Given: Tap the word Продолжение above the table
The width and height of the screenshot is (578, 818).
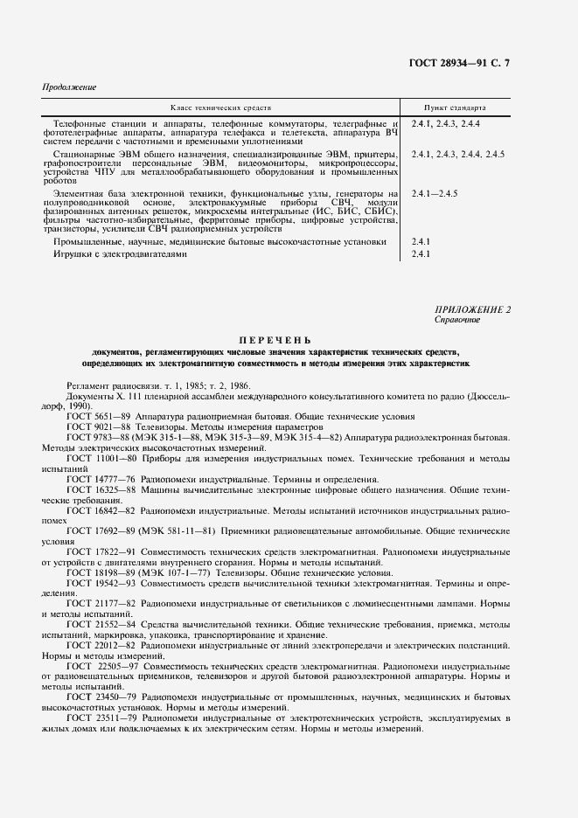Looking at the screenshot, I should (x=69, y=88).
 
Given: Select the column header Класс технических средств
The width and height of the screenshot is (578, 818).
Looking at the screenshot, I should (x=219, y=107).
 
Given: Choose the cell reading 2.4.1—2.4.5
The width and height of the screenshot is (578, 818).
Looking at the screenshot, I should (x=435, y=191).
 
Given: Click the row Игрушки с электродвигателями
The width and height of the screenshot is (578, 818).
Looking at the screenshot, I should (x=120, y=254).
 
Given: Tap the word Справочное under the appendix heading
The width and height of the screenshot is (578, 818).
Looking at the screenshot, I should (x=456, y=320).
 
